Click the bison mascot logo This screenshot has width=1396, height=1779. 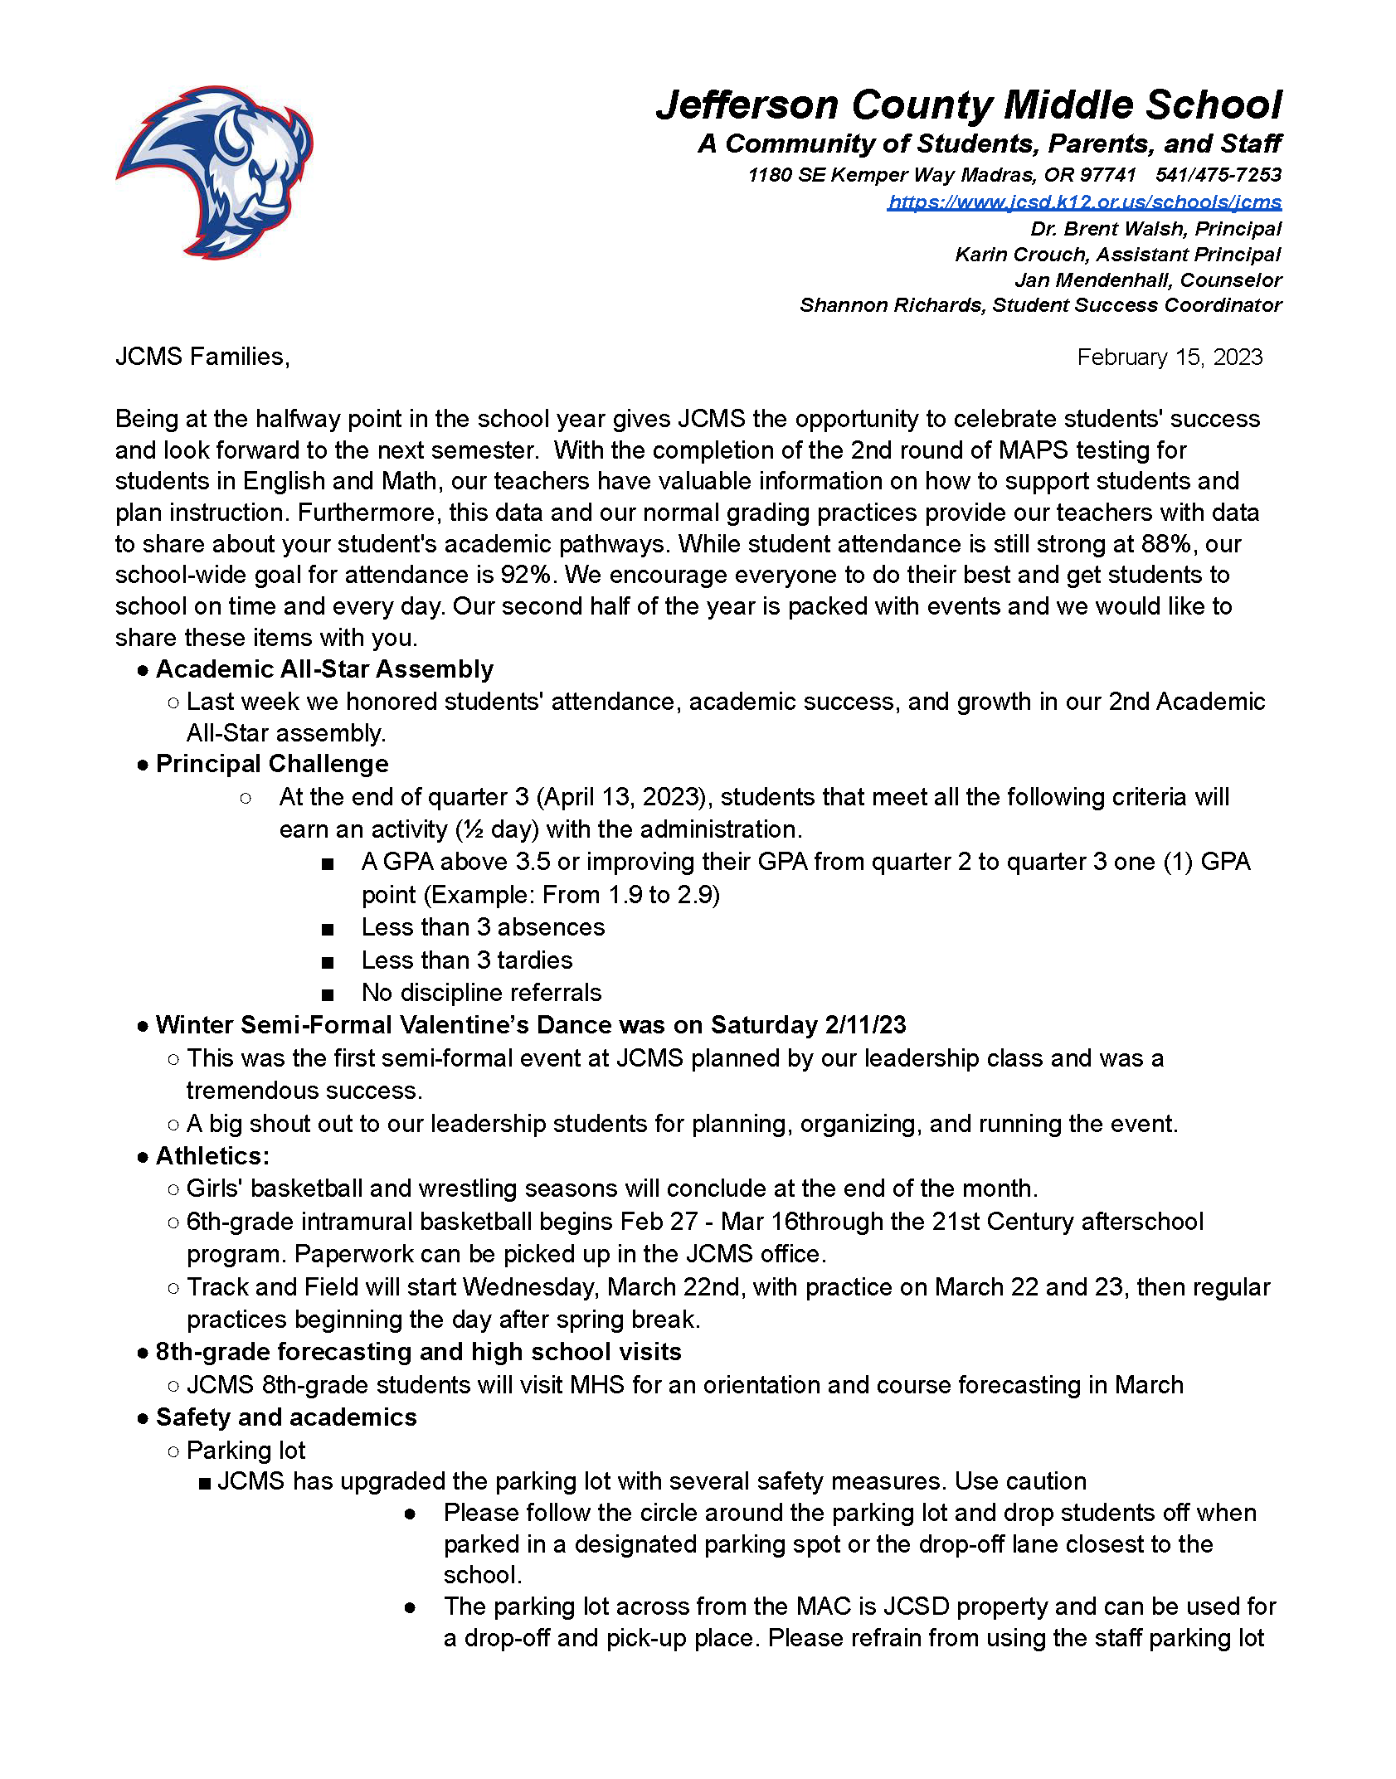[x=214, y=172]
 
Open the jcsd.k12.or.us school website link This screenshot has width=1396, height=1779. [x=1083, y=202]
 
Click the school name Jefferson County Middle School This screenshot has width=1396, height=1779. [x=968, y=105]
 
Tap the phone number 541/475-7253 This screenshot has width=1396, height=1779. [x=1218, y=175]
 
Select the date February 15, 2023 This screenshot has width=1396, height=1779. [x=1169, y=357]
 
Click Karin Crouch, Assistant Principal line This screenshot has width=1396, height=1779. [x=1117, y=255]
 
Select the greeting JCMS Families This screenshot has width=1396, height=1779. [x=202, y=357]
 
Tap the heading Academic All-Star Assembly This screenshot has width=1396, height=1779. [x=324, y=669]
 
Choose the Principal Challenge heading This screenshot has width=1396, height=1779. [x=272, y=764]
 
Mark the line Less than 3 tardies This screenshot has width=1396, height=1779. [x=466, y=960]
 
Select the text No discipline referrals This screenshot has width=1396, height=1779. [x=481, y=993]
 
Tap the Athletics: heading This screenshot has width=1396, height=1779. [x=212, y=1156]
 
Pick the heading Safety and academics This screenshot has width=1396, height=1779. [x=286, y=1417]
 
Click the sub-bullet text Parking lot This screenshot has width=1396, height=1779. [x=246, y=1451]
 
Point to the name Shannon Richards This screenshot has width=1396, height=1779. [x=892, y=305]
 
